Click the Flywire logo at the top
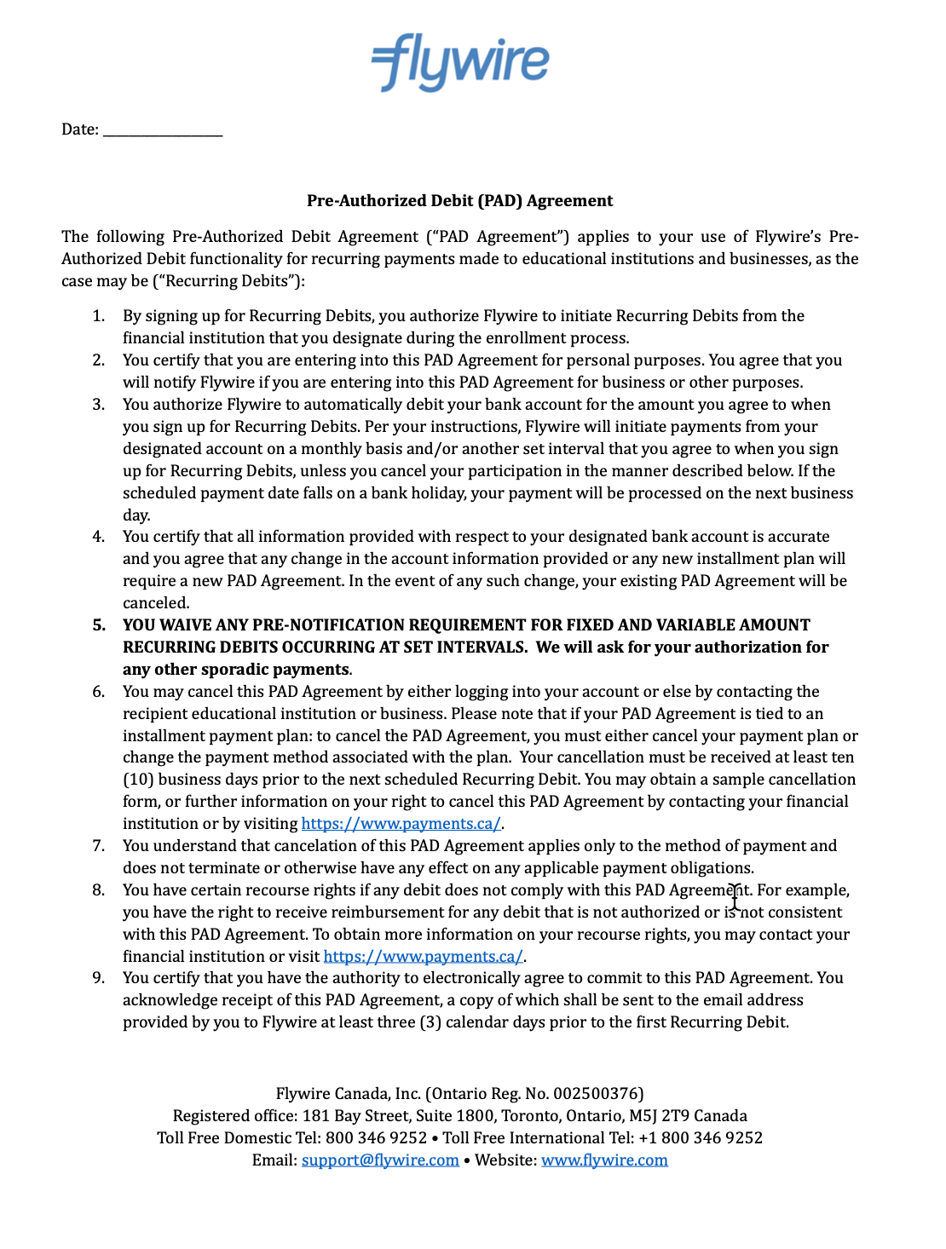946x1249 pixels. pyautogui.click(x=460, y=62)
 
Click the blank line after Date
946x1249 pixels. pyautogui.click(x=163, y=130)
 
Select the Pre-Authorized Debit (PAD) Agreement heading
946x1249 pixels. pyautogui.click(x=459, y=201)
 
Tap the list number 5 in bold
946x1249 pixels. pyautogui.click(x=99, y=625)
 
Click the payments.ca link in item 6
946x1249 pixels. pyautogui.click(x=401, y=824)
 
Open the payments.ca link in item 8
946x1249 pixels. pyautogui.click(x=423, y=957)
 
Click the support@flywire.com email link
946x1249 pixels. pyautogui.click(x=380, y=1160)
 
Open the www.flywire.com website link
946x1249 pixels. pyautogui.click(x=604, y=1160)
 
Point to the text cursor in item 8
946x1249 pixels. pyautogui.click(x=735, y=897)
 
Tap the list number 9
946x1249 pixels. pyautogui.click(x=99, y=978)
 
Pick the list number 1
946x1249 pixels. pyautogui.click(x=99, y=316)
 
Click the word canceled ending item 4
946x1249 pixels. pyautogui.click(x=155, y=603)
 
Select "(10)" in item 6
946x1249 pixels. pyautogui.click(x=138, y=780)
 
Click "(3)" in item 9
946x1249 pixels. pyautogui.click(x=430, y=1022)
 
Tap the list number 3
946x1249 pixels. pyautogui.click(x=99, y=405)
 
